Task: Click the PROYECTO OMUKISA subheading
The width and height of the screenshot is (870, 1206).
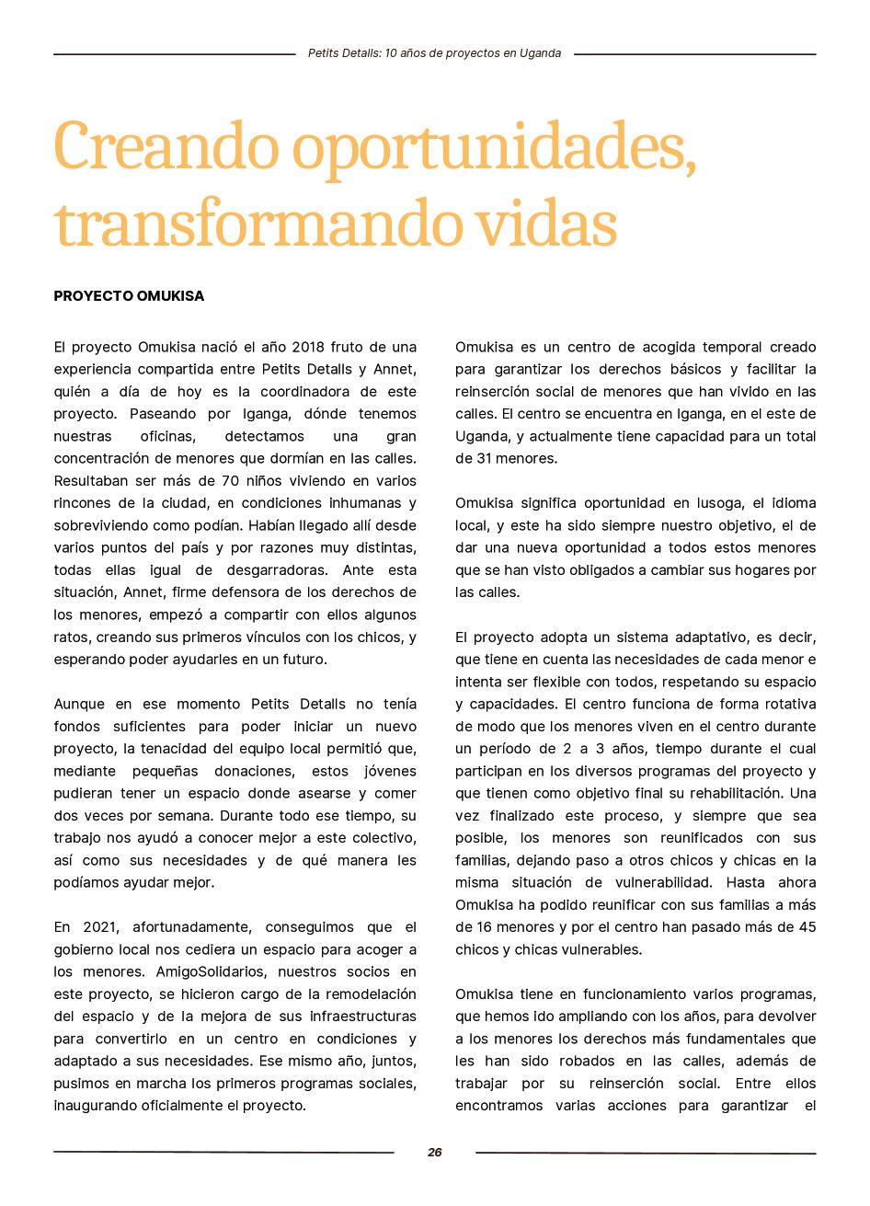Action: (x=129, y=296)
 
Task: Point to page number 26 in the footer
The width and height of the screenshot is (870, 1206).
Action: (x=435, y=1153)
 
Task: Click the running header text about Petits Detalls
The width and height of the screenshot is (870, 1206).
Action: (x=434, y=53)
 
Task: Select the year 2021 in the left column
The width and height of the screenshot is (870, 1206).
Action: (x=100, y=927)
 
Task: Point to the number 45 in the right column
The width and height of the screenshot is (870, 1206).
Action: (x=805, y=927)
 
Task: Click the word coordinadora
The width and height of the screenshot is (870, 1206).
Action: (x=299, y=392)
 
